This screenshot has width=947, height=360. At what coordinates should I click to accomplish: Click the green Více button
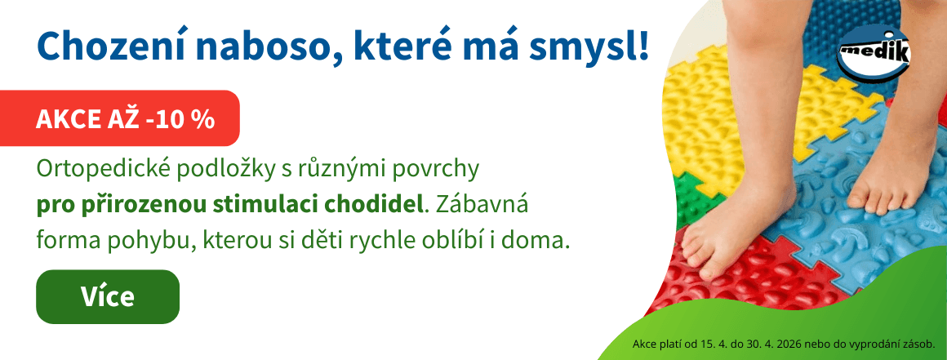coord(107,296)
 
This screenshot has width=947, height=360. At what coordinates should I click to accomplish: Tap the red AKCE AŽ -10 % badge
coord(125,119)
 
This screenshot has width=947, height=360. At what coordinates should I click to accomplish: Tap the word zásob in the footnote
coord(919,343)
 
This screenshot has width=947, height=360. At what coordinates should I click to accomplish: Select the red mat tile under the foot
coord(718,294)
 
